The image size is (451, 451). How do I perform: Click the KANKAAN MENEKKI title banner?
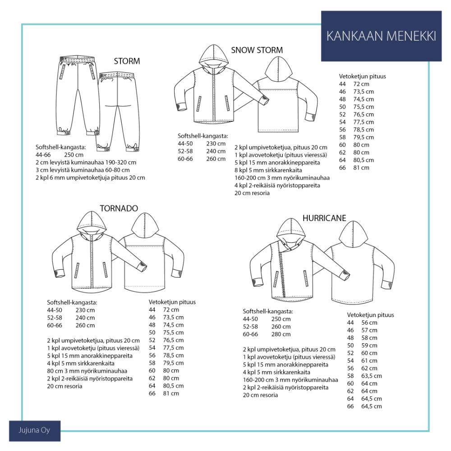coord(381,36)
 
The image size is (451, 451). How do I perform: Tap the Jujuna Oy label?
coord(35,431)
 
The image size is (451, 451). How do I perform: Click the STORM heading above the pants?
coord(127,61)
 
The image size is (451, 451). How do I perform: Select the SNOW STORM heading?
coord(257,50)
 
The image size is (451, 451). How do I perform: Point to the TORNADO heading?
coord(119,208)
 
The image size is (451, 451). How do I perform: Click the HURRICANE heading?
coord(324,218)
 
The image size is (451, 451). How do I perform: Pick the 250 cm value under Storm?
coord(74,155)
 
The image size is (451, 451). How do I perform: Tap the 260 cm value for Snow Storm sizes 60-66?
coord(216,159)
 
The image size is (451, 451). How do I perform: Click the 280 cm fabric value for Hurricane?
coord(281,334)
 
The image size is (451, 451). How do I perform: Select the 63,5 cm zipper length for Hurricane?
coord(371,376)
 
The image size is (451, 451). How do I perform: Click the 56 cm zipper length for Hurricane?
coord(369,323)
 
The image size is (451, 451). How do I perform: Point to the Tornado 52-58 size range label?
coord(55,318)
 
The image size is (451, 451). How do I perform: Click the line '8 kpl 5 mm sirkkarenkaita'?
coord(268,170)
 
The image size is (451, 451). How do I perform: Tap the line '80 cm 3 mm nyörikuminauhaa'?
coord(87,371)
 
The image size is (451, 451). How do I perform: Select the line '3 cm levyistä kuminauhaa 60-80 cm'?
coord(83,170)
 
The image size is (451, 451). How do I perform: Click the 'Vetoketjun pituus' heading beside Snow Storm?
coord(362,77)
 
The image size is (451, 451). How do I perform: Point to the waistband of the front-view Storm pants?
coord(77,59)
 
